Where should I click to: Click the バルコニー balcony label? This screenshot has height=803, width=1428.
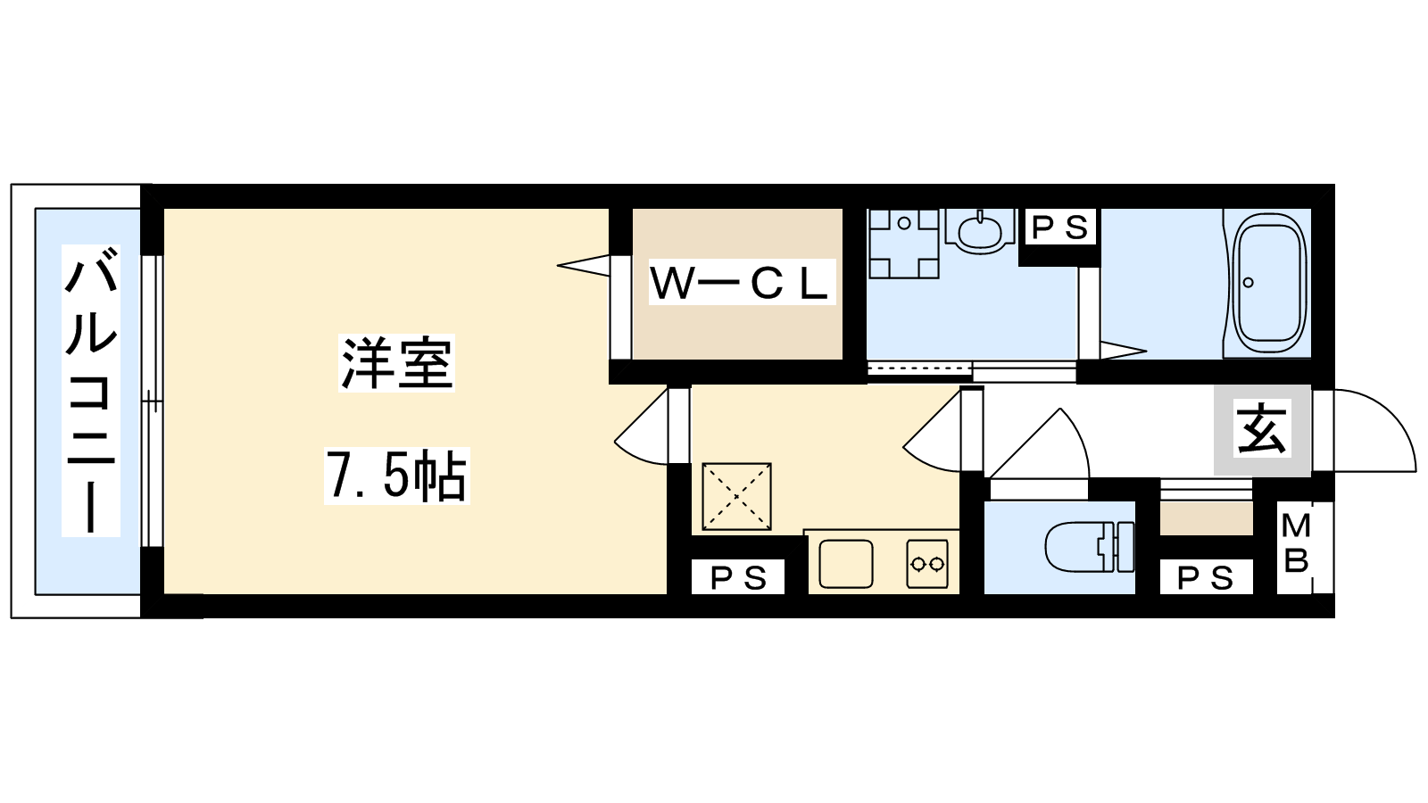[x=91, y=390]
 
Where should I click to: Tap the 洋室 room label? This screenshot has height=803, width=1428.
[x=396, y=362]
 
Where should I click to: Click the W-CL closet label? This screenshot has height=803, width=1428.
[x=742, y=282]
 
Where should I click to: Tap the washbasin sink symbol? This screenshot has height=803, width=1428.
[x=978, y=231]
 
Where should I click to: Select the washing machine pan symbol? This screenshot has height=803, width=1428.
[x=903, y=244]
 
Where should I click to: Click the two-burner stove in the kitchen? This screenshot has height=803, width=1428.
[x=927, y=563]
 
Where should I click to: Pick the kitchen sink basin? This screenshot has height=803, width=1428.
[x=846, y=563]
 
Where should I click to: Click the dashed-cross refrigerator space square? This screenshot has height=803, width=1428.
[x=736, y=496]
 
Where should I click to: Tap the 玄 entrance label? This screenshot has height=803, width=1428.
[x=1262, y=430]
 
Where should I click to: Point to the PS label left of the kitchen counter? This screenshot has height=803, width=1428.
[x=738, y=577]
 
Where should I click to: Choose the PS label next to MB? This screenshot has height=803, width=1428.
[x=1206, y=577]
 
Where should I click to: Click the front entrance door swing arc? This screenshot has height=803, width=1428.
[x=1396, y=414]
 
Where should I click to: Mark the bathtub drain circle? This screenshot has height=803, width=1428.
[x=1249, y=282]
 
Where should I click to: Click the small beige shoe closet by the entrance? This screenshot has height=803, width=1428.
[x=1206, y=518]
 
